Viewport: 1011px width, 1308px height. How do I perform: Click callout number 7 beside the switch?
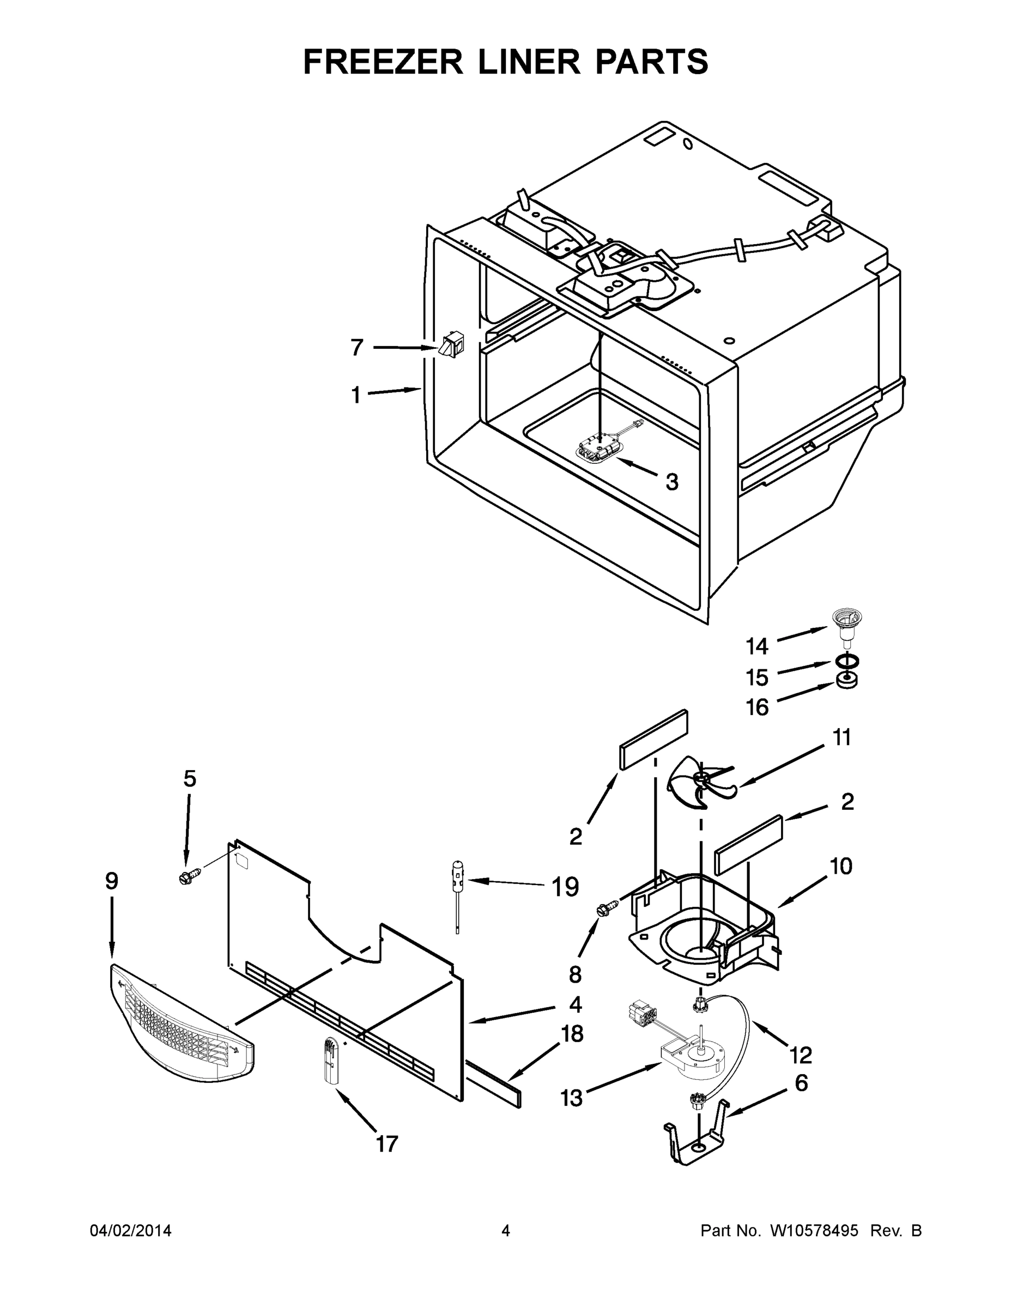click(357, 347)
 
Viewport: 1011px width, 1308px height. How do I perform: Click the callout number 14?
click(757, 646)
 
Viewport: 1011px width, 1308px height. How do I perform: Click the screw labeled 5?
click(187, 878)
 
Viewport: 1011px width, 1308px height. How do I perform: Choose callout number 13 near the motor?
click(571, 1098)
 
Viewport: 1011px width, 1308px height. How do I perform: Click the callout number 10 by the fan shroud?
click(842, 866)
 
